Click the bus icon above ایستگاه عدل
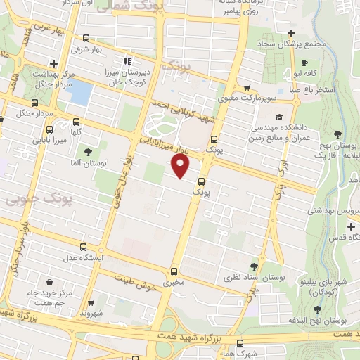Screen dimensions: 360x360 tap(84, 247)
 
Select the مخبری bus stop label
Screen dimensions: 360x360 tap(174, 283)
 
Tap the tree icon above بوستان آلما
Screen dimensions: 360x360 tap(87, 152)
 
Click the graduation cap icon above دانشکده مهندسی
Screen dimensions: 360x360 tap(279, 117)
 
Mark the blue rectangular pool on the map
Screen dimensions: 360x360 tap(82, 93)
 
